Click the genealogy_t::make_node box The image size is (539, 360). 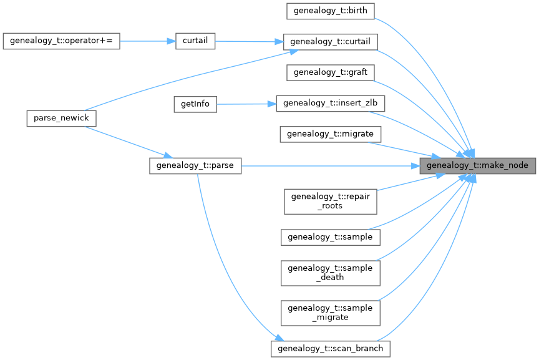coord(477,165)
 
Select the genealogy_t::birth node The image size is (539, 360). coord(330,11)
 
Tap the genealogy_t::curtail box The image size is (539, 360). coord(330,42)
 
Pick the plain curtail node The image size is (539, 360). coord(195,41)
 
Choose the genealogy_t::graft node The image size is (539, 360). coord(330,72)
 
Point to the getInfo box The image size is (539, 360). coord(195,104)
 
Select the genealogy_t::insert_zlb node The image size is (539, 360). coord(330,104)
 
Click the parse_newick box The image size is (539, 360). coord(62,119)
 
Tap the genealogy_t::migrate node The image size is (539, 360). coord(330,134)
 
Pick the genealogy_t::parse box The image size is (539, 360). coord(195,165)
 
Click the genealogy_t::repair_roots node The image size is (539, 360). coord(330,201)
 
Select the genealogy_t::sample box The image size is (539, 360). coord(330,237)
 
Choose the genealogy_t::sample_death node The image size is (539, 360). coord(330,273)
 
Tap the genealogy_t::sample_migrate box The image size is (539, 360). coord(330,313)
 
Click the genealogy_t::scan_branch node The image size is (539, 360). coord(331,348)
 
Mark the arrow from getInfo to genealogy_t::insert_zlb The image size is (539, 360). coord(246,104)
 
